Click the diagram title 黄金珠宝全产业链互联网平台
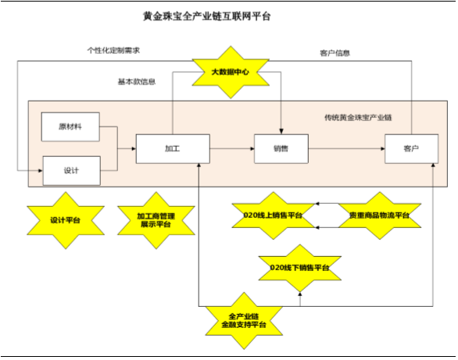click(207, 16)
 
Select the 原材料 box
click(70, 127)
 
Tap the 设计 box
click(72, 171)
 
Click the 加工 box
click(173, 149)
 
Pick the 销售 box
click(281, 149)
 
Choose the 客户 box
click(412, 149)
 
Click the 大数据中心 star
click(231, 72)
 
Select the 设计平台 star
click(66, 220)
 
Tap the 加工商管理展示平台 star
click(156, 220)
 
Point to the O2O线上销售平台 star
click(274, 216)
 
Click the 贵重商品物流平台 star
click(380, 216)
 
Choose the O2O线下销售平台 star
click(300, 268)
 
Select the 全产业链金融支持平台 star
click(244, 321)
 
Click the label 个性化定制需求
click(113, 51)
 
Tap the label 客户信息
click(335, 53)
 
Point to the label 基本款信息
click(137, 82)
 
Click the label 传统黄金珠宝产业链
click(358, 118)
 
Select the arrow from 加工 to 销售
click(232, 149)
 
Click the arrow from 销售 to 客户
click(347, 149)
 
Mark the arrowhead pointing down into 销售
click(281, 131)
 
